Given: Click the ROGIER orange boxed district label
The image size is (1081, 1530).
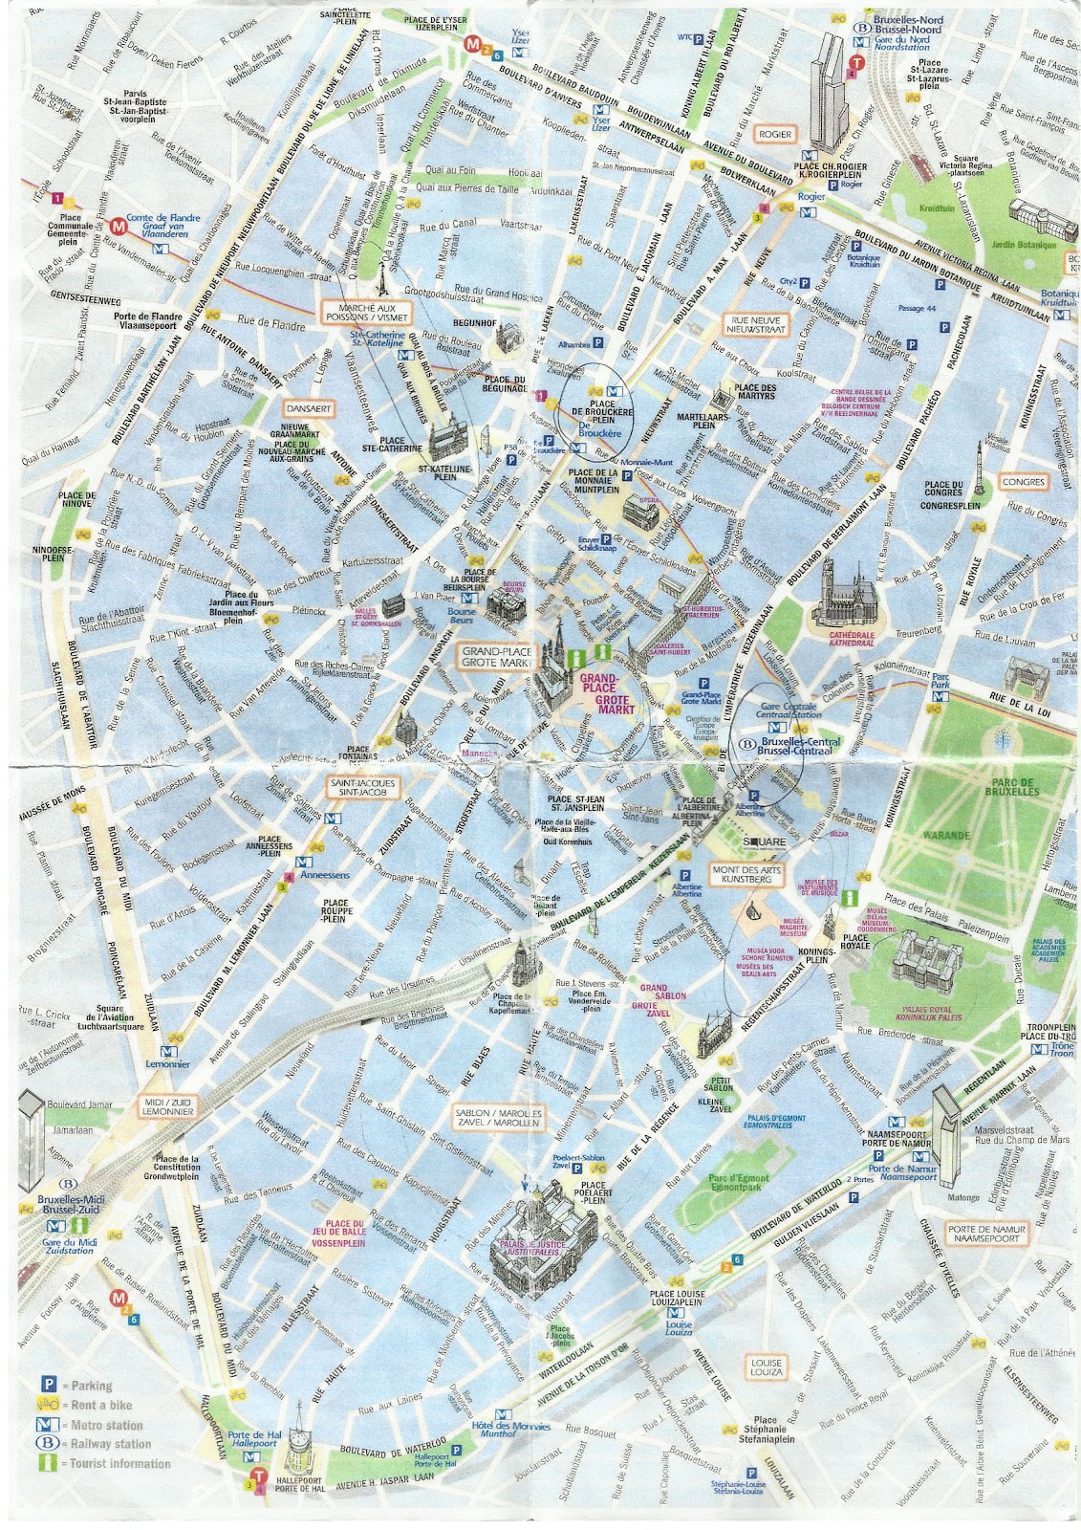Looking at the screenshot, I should click(x=774, y=135).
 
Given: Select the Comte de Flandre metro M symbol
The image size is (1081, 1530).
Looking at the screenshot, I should click(x=119, y=227).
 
